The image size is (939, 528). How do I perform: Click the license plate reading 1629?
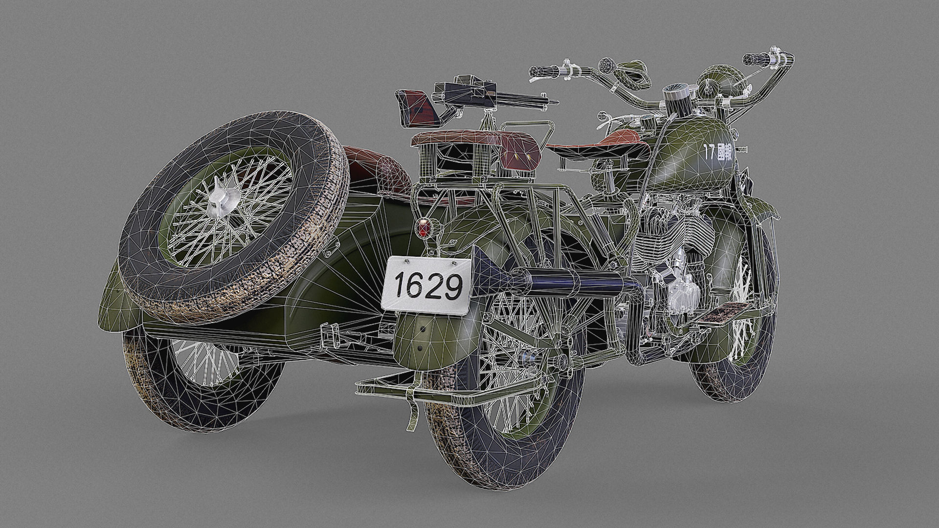426,285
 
